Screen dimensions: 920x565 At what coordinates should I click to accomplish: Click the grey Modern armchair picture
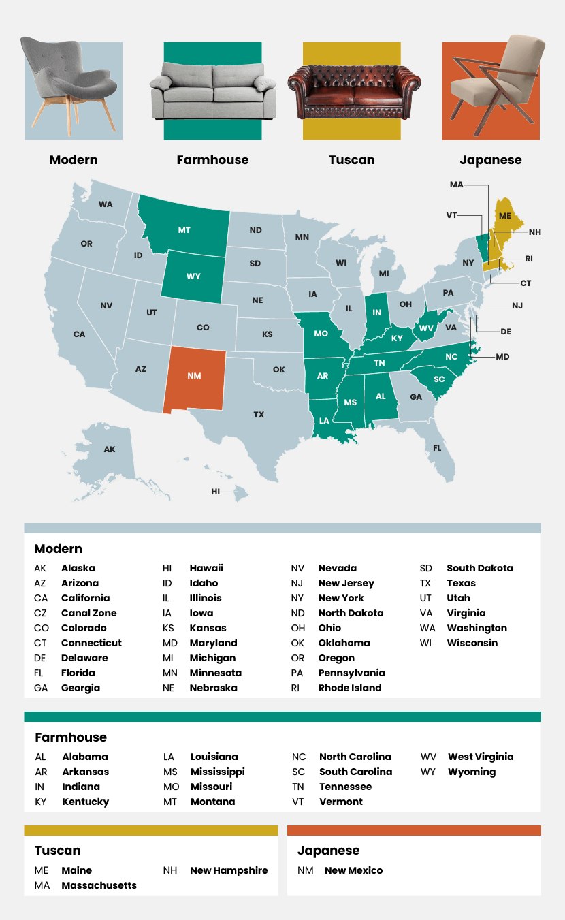(68, 85)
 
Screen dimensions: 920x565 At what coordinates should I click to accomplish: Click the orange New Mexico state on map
(196, 378)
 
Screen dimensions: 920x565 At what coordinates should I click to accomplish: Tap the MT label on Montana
(184, 230)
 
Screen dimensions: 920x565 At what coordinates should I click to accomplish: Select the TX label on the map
(259, 415)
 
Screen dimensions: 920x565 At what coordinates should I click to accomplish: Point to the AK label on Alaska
(110, 449)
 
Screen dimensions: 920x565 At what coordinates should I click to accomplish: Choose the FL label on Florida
(437, 448)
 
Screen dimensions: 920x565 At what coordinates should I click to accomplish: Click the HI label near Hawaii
(216, 491)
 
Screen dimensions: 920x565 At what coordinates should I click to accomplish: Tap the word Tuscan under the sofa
(351, 160)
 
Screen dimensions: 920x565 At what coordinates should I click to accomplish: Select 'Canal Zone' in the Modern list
(88, 613)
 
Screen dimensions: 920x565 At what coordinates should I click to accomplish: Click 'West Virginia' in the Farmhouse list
(481, 757)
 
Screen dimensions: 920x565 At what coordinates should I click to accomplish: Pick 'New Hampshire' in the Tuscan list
(229, 870)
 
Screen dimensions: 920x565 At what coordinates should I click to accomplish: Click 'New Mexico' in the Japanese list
(353, 870)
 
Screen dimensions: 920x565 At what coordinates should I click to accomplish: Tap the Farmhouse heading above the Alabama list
(71, 737)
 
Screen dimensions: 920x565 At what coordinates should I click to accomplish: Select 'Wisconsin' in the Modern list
(472, 643)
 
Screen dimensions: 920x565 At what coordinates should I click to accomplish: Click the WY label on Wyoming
(193, 276)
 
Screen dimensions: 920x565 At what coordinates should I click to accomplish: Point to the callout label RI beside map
(529, 259)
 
